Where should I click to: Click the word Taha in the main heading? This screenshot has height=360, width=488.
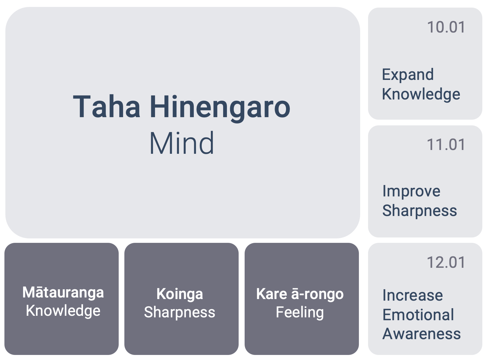click(x=106, y=107)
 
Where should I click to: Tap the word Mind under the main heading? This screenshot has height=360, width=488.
click(x=182, y=143)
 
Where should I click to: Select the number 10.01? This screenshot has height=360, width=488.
click(x=446, y=27)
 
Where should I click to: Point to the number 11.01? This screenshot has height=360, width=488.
click(x=446, y=145)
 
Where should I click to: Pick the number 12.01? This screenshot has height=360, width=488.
click(x=446, y=262)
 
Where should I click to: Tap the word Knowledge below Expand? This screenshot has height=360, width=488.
click(x=421, y=94)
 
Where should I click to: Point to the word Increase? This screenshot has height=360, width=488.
click(x=413, y=295)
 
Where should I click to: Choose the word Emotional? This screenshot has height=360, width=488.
click(x=418, y=315)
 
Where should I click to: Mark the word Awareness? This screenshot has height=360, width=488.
click(x=422, y=334)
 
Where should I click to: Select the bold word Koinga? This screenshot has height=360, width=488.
click(x=180, y=295)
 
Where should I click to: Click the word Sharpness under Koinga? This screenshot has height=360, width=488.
click(x=180, y=312)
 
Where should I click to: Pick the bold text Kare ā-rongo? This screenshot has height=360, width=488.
click(x=300, y=294)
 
